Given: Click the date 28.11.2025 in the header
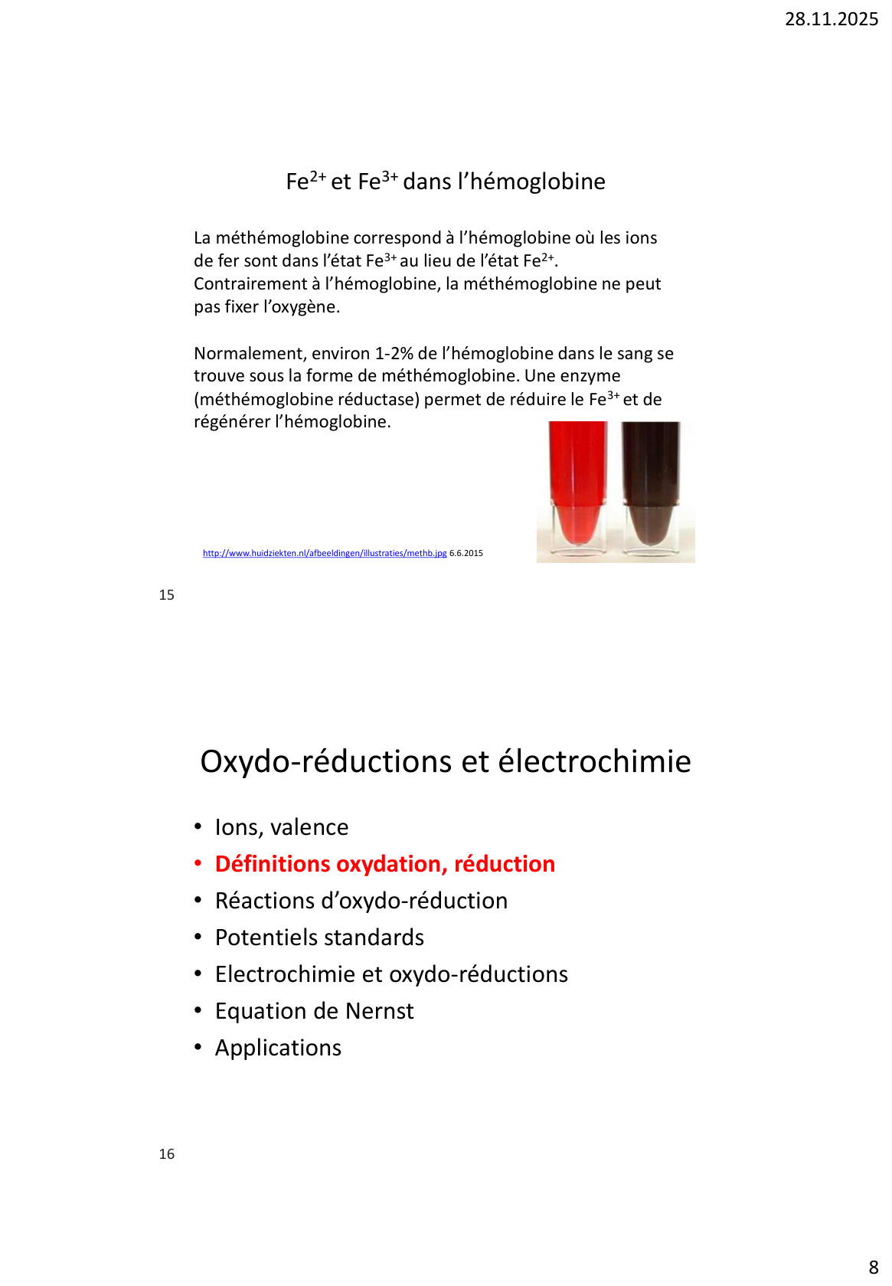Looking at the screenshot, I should click(831, 19).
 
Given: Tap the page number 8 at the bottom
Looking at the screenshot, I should click(874, 1268).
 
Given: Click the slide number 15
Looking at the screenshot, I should click(167, 595).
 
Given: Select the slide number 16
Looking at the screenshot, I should click(167, 1154).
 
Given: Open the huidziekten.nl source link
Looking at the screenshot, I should click(325, 553).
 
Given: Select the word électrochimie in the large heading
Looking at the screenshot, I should click(595, 761).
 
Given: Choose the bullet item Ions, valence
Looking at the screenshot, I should click(282, 827).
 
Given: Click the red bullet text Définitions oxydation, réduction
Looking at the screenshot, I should click(384, 864).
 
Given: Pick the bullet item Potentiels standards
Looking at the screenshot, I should click(319, 938).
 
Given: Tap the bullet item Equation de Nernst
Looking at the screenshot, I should click(314, 1011).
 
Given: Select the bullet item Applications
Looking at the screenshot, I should click(278, 1048).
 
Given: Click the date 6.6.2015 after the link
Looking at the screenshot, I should click(466, 553).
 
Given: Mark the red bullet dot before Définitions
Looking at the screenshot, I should click(198, 864).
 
